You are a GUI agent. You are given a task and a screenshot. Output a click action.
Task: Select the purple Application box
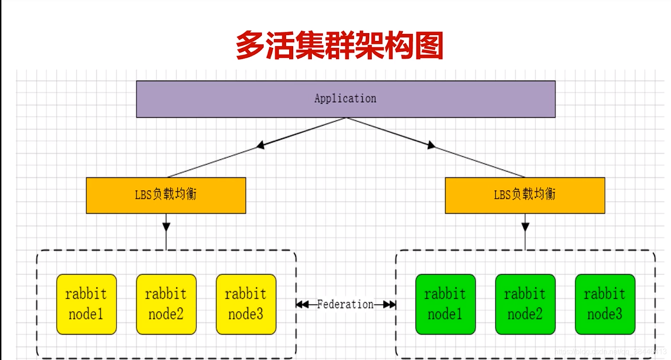tap(345, 99)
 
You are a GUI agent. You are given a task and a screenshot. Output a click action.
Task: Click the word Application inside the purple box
tap(345, 99)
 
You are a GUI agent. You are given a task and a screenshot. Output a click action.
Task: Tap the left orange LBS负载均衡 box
tap(166, 195)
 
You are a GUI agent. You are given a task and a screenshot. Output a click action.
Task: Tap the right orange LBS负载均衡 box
tap(524, 195)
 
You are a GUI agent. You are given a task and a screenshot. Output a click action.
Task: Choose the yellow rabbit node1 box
tap(86, 304)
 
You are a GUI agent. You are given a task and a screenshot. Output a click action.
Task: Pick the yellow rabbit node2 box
tap(166, 304)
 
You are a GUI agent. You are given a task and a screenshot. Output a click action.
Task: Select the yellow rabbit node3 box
tap(246, 304)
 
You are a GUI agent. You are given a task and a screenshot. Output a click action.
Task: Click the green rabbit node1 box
tap(445, 304)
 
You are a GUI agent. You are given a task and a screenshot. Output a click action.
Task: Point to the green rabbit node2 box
tap(525, 304)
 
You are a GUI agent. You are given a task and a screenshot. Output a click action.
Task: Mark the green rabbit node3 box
tap(605, 304)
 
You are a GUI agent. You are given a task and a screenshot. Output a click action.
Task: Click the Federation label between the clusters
tap(345, 304)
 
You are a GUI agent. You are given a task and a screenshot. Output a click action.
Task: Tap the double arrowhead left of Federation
tap(302, 305)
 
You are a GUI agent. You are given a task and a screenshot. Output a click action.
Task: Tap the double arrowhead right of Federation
tap(390, 305)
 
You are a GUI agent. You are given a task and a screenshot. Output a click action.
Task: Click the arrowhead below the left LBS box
tap(166, 227)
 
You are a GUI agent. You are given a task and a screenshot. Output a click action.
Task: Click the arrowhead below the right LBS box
tap(525, 227)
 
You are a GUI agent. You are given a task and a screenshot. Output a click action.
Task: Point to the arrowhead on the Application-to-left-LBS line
tap(261, 146)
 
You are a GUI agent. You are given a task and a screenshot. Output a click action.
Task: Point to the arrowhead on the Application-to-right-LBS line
tap(431, 146)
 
